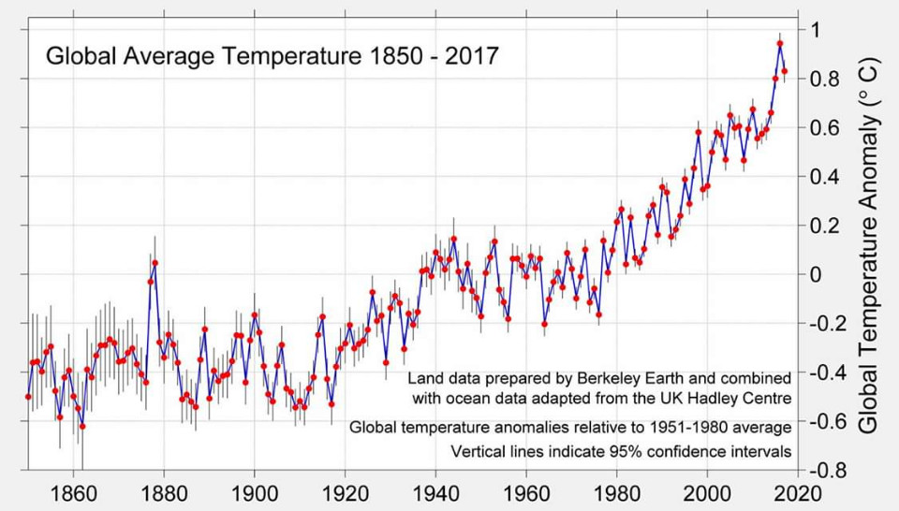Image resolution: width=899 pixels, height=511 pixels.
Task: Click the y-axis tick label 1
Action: [x=815, y=30]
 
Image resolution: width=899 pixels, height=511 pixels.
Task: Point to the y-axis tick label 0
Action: [x=815, y=274]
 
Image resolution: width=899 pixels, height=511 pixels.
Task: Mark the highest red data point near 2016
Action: [x=780, y=43]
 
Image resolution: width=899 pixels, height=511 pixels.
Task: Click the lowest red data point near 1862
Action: [x=82, y=426]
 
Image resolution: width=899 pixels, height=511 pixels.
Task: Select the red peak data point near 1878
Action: [x=155, y=263]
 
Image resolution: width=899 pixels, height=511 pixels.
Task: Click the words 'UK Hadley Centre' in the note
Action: [x=733, y=398]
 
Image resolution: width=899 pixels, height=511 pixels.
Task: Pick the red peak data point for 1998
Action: [x=698, y=132]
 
